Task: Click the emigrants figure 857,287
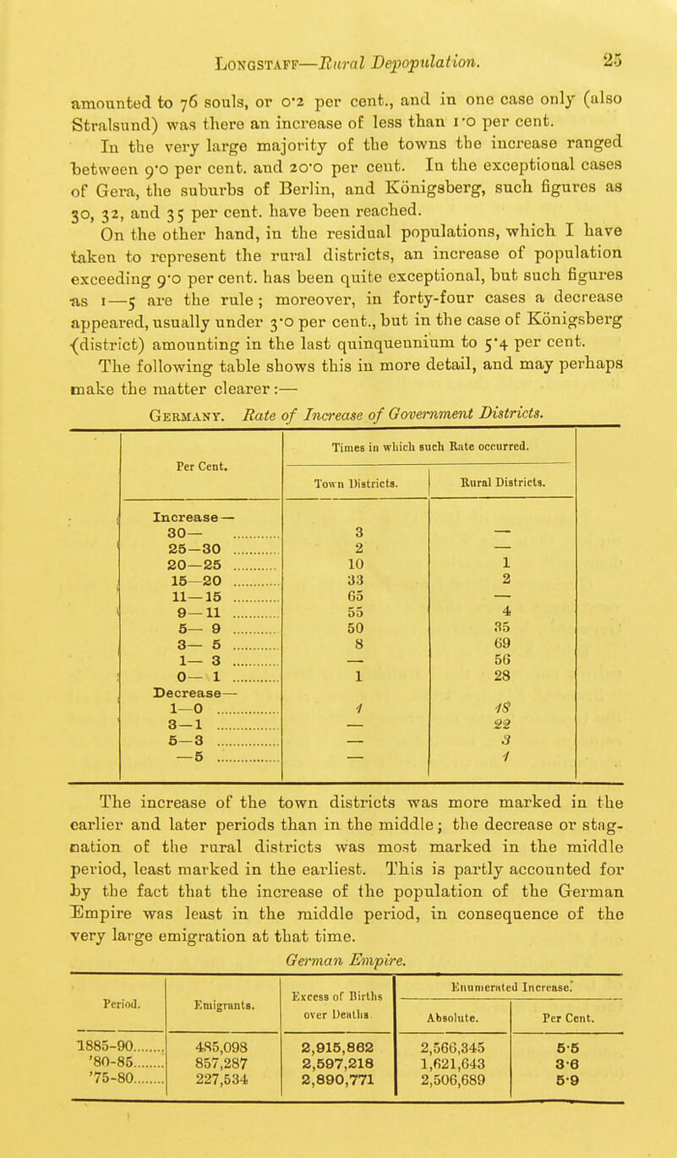216,994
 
